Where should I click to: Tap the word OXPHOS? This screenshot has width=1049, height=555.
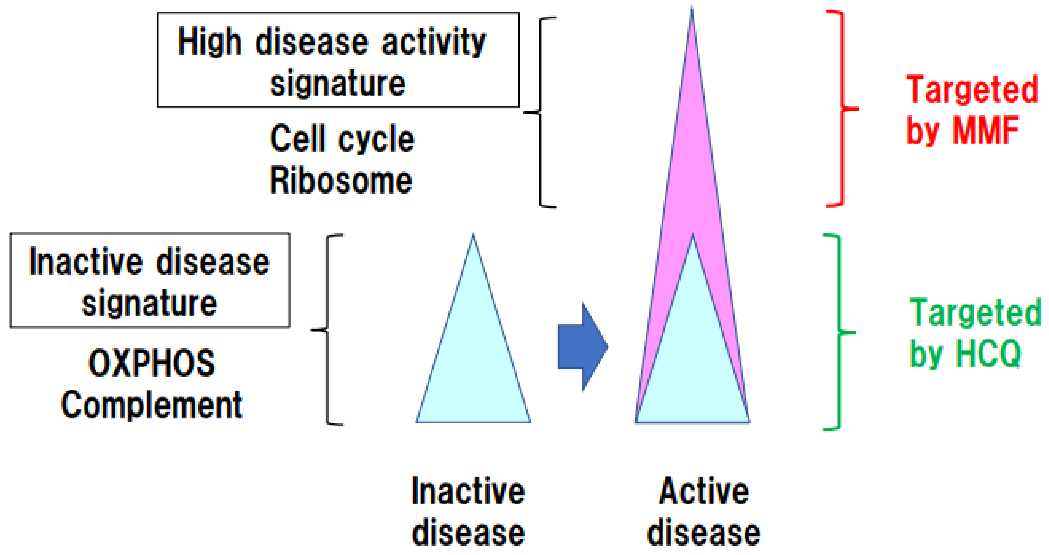[152, 363]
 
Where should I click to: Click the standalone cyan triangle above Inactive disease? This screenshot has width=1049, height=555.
[473, 358]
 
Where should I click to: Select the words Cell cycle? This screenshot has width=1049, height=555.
[342, 139]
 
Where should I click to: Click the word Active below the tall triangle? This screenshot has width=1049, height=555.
[704, 492]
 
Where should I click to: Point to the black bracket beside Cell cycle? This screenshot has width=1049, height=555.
[541, 112]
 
